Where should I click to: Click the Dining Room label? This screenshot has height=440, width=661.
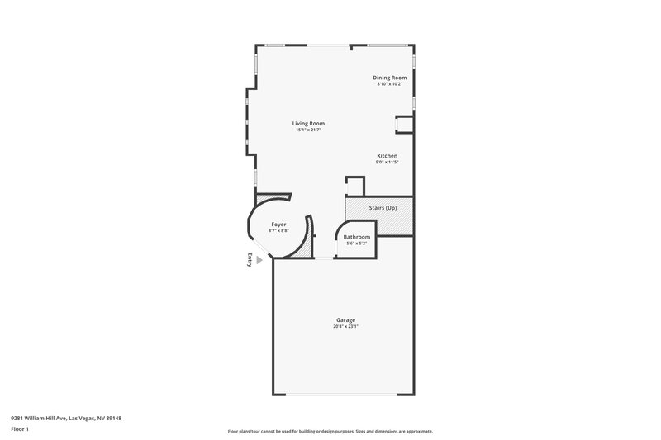(x=390, y=78)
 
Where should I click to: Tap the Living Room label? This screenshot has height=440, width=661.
(x=308, y=124)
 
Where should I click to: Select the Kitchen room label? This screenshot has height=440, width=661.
(x=388, y=156)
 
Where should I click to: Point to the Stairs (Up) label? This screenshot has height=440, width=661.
(x=382, y=207)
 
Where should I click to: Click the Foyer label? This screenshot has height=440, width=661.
(x=279, y=225)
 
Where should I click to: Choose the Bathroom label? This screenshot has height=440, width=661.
(x=357, y=237)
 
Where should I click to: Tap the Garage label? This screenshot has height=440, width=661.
(x=346, y=320)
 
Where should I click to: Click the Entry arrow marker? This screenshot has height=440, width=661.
(x=259, y=259)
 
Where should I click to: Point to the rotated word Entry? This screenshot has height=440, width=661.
(x=249, y=259)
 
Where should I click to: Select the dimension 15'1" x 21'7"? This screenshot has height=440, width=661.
(x=308, y=130)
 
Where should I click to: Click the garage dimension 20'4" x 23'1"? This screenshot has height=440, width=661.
(x=346, y=326)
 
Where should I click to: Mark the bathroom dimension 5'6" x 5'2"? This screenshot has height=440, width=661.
(x=357, y=243)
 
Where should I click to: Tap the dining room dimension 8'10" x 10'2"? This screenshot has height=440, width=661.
(x=390, y=83)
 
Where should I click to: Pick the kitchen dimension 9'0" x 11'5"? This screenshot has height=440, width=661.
(x=388, y=162)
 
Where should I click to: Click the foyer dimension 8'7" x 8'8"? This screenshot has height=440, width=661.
(x=279, y=230)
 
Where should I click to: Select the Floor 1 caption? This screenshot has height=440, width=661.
(x=21, y=430)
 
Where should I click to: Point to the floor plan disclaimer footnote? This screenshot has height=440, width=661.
(x=330, y=431)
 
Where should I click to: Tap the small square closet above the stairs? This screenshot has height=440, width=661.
(x=354, y=186)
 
